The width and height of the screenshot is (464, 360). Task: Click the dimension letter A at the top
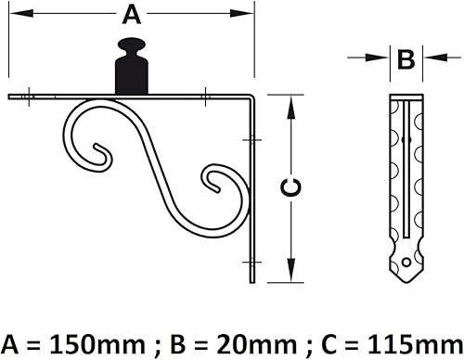pyautogui.click(x=132, y=16)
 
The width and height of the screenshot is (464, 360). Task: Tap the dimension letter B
pyautogui.click(x=406, y=59)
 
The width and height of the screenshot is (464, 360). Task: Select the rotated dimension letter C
pyautogui.click(x=290, y=187)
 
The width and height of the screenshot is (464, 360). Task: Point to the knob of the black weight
pyautogui.click(x=132, y=45)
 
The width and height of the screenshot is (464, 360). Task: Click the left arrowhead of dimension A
pyautogui.click(x=21, y=13)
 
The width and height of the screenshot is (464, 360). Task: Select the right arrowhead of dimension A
pyautogui.click(x=241, y=13)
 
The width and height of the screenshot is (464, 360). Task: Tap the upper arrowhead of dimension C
pyautogui.click(x=290, y=108)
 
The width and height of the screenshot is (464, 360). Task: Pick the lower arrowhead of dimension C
pyautogui.click(x=290, y=270)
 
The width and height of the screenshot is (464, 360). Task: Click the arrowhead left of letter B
pyautogui.click(x=377, y=58)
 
